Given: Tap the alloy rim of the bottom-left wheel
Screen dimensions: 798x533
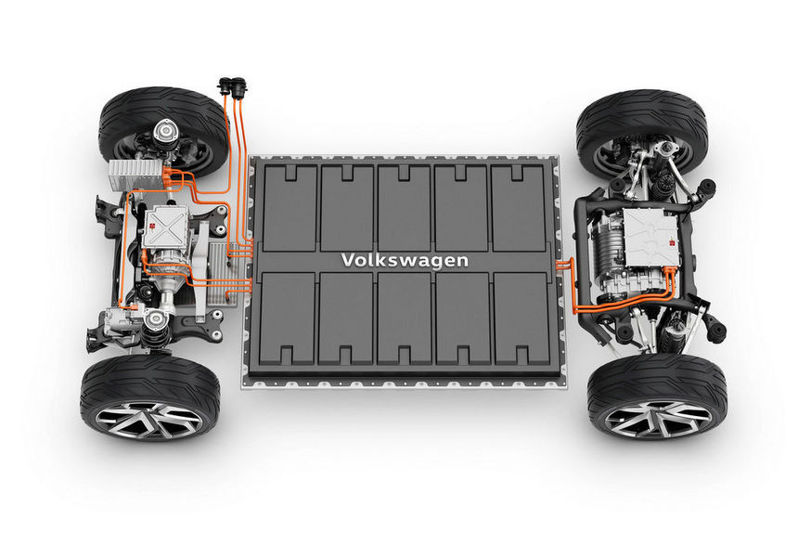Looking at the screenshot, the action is [148, 420].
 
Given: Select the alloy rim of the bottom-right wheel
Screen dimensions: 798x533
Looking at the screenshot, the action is [658, 418].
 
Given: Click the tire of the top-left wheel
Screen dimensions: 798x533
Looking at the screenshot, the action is [164, 131].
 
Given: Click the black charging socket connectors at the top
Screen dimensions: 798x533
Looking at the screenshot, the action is [232, 86].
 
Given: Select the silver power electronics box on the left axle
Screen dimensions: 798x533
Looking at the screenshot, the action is [164, 227].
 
